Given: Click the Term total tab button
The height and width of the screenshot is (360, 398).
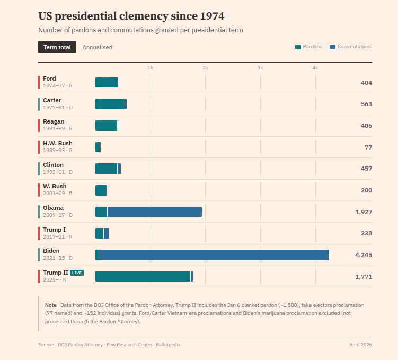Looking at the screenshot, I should click(57, 47).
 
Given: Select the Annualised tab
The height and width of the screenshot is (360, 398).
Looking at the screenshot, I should click(98, 47).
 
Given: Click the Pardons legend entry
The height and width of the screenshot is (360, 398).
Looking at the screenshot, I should click(308, 47).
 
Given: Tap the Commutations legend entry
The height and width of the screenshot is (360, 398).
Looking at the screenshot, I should click(351, 47).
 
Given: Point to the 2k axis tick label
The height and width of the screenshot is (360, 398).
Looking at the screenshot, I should click(205, 68).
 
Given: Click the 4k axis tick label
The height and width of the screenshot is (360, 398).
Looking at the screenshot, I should click(315, 68).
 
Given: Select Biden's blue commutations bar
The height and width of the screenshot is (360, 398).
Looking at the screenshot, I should click(214, 255).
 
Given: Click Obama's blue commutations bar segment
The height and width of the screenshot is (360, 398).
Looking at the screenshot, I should click(154, 212).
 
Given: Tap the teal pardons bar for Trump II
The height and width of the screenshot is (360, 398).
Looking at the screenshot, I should click(143, 276).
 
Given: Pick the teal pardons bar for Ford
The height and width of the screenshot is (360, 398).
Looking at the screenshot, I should click(107, 82).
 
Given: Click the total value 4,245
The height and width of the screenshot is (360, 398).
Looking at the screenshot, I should click(364, 255).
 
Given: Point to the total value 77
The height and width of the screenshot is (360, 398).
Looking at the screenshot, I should click(368, 147).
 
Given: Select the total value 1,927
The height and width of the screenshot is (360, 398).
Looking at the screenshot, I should click(364, 212).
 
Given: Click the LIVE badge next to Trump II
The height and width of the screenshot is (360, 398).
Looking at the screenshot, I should click(77, 273).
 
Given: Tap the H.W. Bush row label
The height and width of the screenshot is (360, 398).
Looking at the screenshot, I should click(58, 143).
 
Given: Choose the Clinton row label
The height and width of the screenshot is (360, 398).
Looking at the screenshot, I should click(53, 165).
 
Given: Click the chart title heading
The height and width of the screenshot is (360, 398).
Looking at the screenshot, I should click(127, 16).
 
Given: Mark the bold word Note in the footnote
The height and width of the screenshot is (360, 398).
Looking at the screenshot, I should click(50, 305).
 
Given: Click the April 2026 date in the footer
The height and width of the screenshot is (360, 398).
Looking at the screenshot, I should click(360, 345).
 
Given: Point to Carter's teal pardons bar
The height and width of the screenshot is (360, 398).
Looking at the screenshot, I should click(110, 104).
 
